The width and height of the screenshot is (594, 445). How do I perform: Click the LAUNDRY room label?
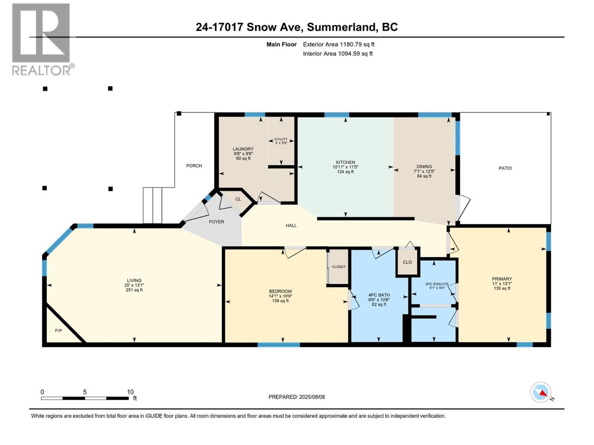(243, 149)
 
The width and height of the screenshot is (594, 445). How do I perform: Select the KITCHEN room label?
(345, 162)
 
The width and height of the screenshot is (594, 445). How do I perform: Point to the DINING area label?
(424, 167)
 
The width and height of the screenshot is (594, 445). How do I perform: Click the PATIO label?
(505, 168)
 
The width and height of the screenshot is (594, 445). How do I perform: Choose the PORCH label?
(194, 166)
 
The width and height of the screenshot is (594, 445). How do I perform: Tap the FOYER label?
(216, 222)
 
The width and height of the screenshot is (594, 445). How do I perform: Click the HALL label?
(291, 225)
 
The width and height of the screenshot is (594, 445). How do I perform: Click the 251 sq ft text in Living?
(134, 290)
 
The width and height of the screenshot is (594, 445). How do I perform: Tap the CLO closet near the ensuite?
(407, 262)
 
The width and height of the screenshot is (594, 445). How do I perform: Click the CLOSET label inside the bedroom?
(339, 267)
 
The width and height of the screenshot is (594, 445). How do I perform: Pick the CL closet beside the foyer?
(238, 199)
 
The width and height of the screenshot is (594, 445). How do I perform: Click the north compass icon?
(541, 392)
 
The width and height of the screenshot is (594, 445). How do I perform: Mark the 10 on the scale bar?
(130, 392)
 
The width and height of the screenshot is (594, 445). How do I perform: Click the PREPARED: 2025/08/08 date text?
(297, 397)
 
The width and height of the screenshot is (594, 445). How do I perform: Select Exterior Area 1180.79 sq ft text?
(339, 44)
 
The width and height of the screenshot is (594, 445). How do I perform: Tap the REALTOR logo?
(42, 39)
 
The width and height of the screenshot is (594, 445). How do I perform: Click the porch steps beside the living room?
(152, 205)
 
